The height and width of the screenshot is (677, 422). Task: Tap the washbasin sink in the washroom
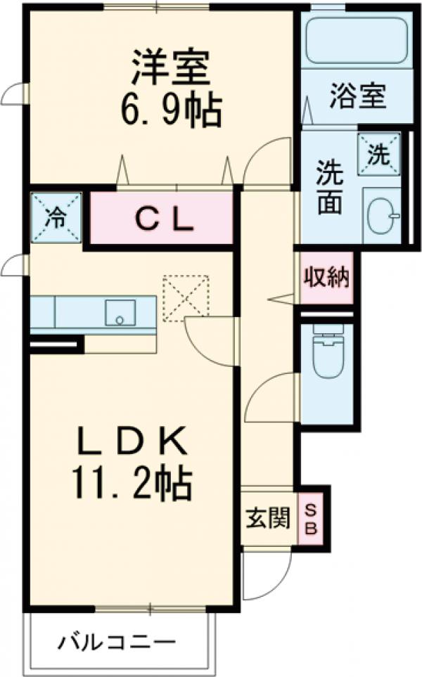tap(383, 212)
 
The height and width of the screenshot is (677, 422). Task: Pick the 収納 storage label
tap(326, 278)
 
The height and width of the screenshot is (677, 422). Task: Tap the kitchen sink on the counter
tap(120, 312)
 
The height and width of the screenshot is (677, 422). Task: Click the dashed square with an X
tap(186, 298)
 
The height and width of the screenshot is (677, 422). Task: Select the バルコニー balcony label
tap(117, 642)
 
